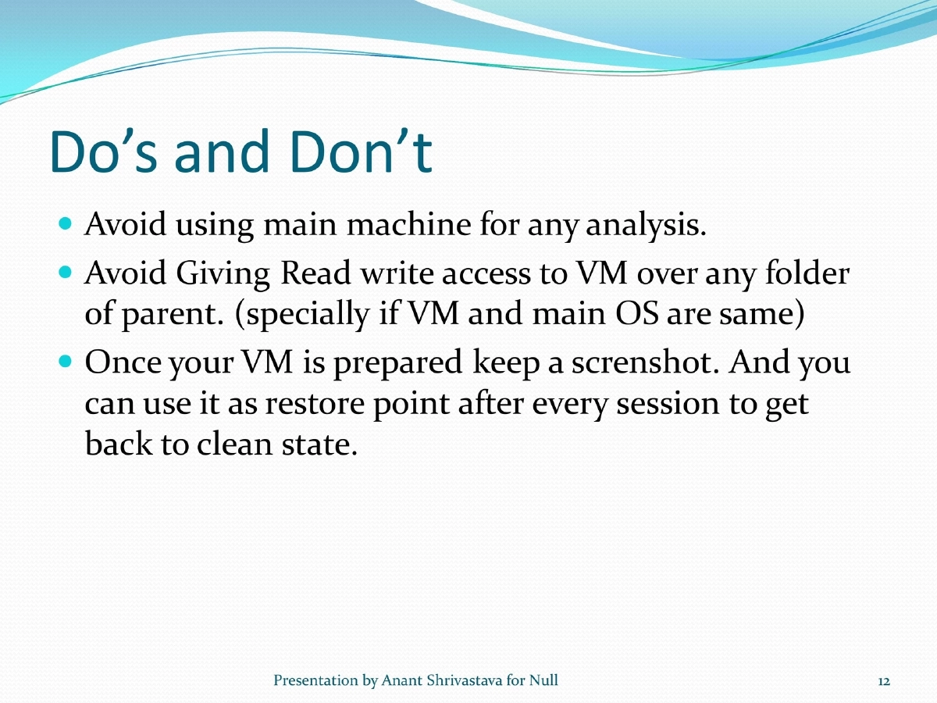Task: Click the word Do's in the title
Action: tap(102, 153)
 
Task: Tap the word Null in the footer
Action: tap(544, 680)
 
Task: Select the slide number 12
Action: tap(884, 681)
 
